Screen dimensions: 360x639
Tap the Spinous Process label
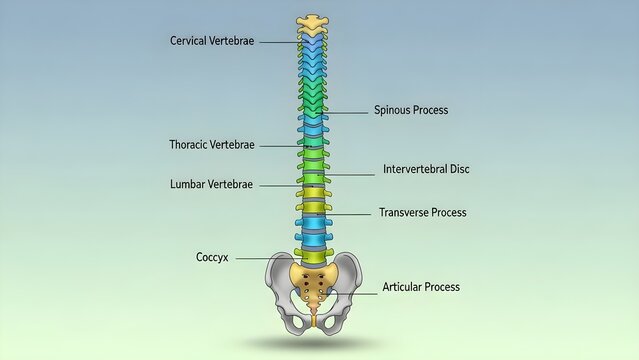[410, 110]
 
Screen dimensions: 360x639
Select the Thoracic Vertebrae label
[212, 145]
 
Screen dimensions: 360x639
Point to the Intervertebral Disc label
[426, 169]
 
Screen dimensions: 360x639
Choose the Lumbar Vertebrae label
[211, 185]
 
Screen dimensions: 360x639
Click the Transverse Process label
[422, 212]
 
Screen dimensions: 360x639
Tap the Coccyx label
[212, 257]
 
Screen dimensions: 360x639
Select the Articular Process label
[421, 287]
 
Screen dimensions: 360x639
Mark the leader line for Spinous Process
[347, 111]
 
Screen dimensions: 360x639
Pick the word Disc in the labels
[459, 169]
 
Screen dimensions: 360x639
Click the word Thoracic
[190, 145]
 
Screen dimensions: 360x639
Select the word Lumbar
[188, 185]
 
